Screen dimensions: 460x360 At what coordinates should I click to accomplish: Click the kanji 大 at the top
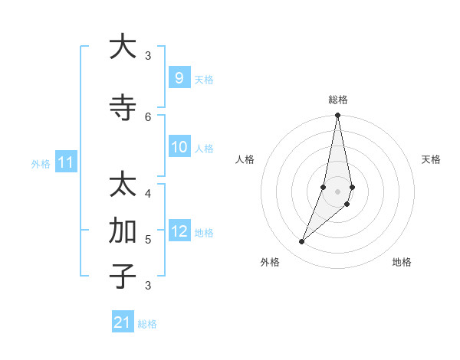click(122, 47)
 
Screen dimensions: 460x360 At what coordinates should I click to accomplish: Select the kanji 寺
click(122, 108)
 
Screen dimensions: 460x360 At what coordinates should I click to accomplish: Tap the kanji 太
click(122, 185)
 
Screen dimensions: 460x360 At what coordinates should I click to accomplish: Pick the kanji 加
click(122, 231)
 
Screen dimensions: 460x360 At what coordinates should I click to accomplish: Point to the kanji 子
click(122, 276)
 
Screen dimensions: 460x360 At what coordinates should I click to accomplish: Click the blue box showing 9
click(179, 78)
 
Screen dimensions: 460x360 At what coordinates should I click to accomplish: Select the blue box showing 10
click(179, 147)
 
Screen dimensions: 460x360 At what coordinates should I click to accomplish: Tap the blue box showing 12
click(179, 231)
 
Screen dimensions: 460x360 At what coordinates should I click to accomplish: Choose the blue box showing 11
click(65, 162)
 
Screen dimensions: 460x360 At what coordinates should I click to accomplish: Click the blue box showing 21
click(123, 322)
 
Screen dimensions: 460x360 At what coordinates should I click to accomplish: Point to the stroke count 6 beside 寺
click(148, 116)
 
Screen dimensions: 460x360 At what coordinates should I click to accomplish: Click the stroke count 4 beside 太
click(148, 193)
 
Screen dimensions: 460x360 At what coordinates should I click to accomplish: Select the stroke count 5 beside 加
click(148, 239)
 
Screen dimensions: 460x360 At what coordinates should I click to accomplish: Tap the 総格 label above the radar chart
click(337, 100)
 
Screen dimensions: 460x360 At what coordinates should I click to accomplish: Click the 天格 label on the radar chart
click(431, 159)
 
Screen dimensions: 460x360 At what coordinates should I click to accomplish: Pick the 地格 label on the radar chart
click(402, 262)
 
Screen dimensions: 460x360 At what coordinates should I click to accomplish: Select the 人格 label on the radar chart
click(245, 159)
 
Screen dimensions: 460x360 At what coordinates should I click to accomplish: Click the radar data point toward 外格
click(301, 242)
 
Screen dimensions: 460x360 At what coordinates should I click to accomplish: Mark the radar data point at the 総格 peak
click(337, 115)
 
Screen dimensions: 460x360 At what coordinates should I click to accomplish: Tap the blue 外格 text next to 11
click(40, 163)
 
